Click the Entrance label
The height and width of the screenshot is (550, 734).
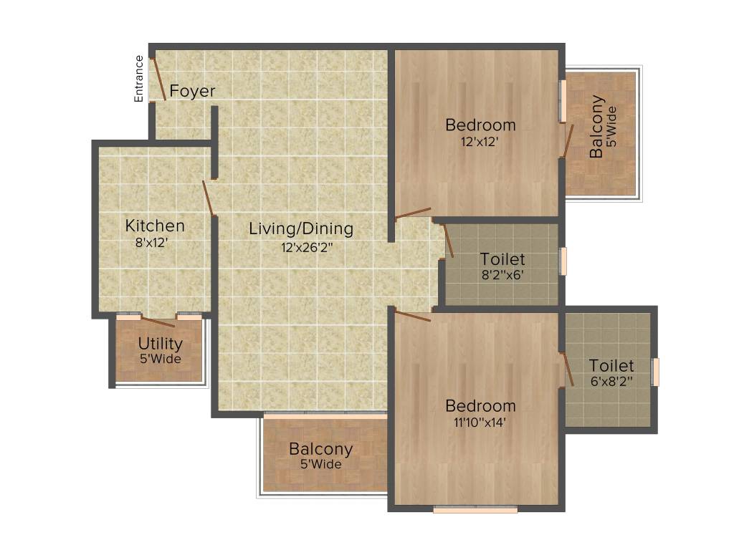coord(140,78)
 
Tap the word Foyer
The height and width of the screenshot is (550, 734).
coord(192,92)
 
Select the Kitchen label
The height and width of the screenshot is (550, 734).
coord(155,226)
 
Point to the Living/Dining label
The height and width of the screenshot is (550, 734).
coord(301,229)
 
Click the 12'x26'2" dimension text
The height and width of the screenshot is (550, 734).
coord(307,248)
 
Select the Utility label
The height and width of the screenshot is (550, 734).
coord(161,344)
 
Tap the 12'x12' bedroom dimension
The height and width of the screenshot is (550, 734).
coord(480,142)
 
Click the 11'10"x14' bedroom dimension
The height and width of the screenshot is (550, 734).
coord(479,423)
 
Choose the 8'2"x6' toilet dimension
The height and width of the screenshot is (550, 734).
coord(502,275)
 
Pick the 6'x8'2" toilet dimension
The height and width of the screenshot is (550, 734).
coord(611,382)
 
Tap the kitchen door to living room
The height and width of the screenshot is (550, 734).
coord(209,198)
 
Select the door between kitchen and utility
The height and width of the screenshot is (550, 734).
coord(158,321)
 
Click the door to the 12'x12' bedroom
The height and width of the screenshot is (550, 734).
coord(413,213)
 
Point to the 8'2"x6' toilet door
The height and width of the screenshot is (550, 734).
coord(448,241)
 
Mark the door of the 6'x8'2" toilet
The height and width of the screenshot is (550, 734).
coord(568,370)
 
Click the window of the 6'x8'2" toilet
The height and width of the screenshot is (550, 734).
coord(654,372)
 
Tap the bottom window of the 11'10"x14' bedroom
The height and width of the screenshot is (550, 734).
coord(475,510)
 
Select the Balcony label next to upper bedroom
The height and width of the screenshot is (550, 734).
coord(596,127)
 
